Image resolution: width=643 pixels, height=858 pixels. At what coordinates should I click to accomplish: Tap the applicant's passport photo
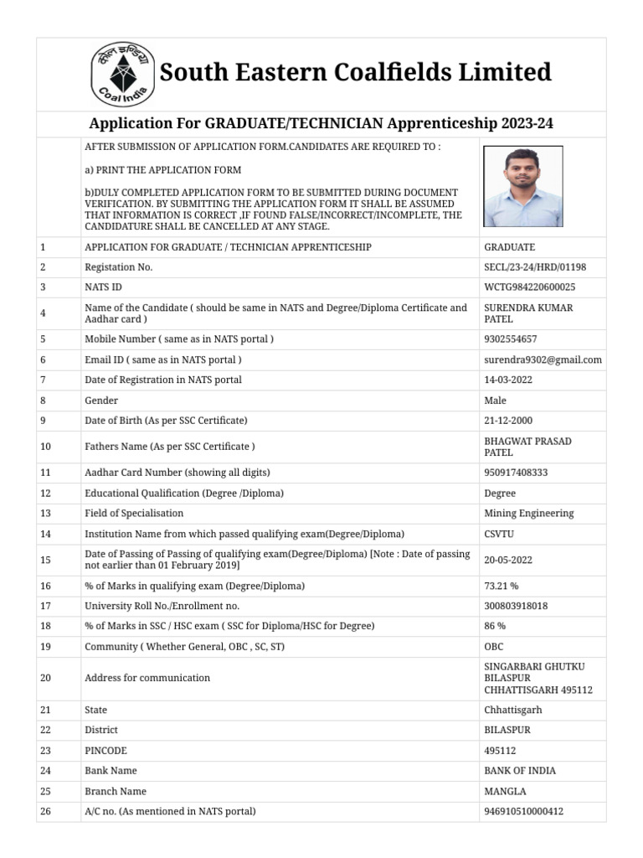tap(523, 185)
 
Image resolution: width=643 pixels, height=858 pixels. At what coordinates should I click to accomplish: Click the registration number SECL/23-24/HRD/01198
tap(535, 267)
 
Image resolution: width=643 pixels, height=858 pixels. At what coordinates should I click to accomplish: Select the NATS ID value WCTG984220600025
tap(529, 287)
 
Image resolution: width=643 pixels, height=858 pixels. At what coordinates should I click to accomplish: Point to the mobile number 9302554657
tap(511, 339)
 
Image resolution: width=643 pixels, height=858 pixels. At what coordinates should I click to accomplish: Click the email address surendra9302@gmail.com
tap(543, 359)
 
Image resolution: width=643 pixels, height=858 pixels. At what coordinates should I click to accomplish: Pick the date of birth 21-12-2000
tap(508, 421)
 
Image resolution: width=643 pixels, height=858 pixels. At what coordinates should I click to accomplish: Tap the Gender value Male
tap(495, 401)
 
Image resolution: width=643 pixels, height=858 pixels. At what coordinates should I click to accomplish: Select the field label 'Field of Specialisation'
tap(134, 513)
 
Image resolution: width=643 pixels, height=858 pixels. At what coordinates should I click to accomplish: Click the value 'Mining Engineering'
tap(528, 513)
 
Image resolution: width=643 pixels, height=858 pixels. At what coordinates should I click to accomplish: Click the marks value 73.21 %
tap(502, 586)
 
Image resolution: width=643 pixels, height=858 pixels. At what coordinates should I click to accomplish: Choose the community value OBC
tap(494, 647)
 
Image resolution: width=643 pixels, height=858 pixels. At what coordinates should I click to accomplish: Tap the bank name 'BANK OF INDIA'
tap(520, 771)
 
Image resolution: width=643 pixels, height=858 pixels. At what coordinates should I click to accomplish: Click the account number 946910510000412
tap(524, 811)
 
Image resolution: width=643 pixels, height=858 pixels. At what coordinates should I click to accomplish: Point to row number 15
tap(45, 560)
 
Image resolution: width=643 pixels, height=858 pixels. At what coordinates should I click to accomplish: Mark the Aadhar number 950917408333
tap(516, 473)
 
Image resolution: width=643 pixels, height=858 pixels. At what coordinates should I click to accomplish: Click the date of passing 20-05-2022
tap(508, 560)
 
